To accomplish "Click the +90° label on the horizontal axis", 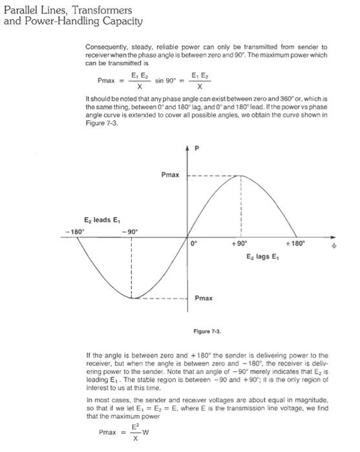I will (x=240, y=244).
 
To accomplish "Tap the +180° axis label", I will (x=295, y=244).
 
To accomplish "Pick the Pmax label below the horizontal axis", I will (x=204, y=299).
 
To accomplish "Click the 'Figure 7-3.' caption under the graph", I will (x=207, y=331).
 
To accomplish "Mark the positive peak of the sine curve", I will (x=240, y=176).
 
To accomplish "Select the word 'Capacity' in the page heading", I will (x=118, y=21).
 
